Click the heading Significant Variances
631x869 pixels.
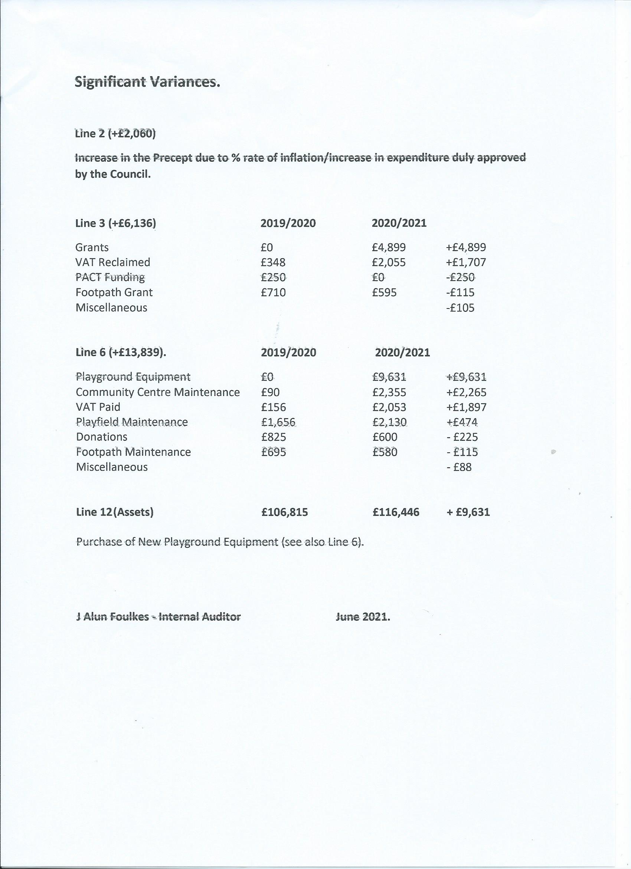(x=147, y=82)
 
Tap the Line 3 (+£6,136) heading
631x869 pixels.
(x=115, y=223)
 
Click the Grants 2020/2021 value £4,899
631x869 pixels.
(x=388, y=248)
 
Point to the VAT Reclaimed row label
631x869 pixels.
(x=112, y=262)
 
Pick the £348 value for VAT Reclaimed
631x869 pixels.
(x=273, y=262)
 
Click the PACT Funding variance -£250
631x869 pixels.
(x=460, y=277)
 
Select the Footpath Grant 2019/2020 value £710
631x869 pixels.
(x=273, y=293)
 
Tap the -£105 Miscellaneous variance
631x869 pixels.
(x=460, y=308)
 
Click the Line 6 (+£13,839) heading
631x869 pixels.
(x=121, y=352)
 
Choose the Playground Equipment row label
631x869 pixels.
(x=133, y=377)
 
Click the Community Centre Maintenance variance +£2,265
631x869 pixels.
(x=466, y=392)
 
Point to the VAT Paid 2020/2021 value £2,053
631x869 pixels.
(x=389, y=407)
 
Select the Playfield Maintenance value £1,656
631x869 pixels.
(x=278, y=422)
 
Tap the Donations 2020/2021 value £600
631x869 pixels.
(x=385, y=437)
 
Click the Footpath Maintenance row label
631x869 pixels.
(x=133, y=452)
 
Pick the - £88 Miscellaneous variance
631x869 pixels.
(x=459, y=467)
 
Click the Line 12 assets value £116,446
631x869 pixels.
(x=396, y=512)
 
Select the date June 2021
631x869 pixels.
(x=362, y=617)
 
